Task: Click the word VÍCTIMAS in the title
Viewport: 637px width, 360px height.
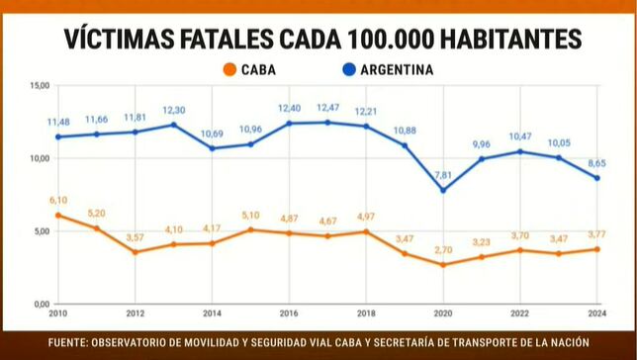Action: pos(122,40)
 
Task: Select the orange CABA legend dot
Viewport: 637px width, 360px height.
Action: pos(229,70)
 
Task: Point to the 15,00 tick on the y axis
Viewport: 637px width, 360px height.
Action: pos(39,86)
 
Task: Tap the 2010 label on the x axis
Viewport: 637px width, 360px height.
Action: pos(58,314)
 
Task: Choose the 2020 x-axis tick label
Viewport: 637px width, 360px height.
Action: pos(443,314)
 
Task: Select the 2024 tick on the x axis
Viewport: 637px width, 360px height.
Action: pos(595,314)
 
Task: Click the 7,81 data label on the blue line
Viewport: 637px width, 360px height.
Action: pos(444,175)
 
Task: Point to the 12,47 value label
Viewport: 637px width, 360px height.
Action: pos(328,107)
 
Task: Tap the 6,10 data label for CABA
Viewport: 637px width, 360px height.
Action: pos(58,200)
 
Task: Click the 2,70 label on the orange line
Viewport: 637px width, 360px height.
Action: pos(444,250)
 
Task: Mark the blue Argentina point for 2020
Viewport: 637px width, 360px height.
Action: pos(443,190)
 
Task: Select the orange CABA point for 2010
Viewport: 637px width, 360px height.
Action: pos(58,215)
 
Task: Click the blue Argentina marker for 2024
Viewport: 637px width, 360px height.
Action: pos(596,178)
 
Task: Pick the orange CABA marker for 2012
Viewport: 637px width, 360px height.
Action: pos(136,252)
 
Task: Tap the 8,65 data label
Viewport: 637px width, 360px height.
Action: pos(596,162)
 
